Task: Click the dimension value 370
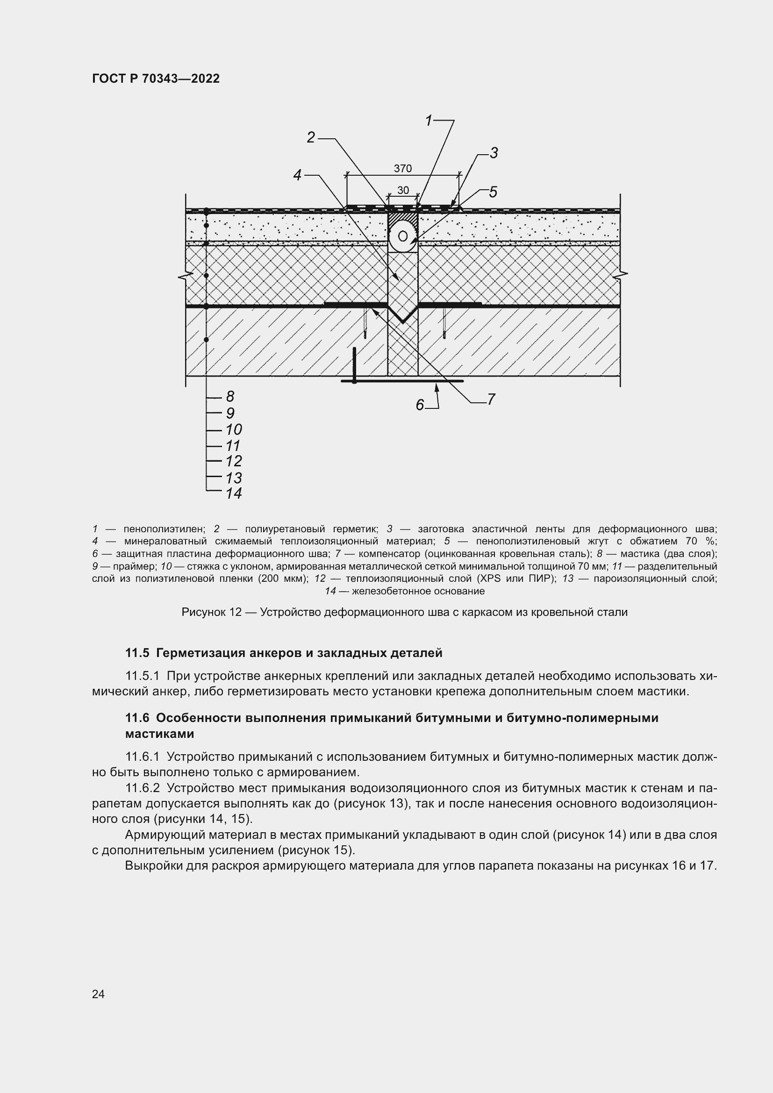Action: pyautogui.click(x=403, y=169)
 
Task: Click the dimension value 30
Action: pyautogui.click(x=403, y=190)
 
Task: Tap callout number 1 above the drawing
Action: pyautogui.click(x=429, y=121)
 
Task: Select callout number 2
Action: pyautogui.click(x=311, y=137)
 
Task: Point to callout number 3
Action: pyautogui.click(x=494, y=153)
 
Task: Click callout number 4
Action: pyautogui.click(x=298, y=176)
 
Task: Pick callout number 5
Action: pyautogui.click(x=493, y=193)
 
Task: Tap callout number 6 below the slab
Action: pyautogui.click(x=419, y=405)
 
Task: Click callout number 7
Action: pyautogui.click(x=491, y=400)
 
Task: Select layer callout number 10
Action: pyautogui.click(x=233, y=430)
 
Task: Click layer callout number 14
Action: pyautogui.click(x=233, y=493)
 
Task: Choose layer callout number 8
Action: pyautogui.click(x=230, y=397)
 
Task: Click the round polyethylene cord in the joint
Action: pyautogui.click(x=403, y=236)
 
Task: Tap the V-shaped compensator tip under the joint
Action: pyautogui.click(x=403, y=321)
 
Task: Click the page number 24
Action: pyautogui.click(x=98, y=994)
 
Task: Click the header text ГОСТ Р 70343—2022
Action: pyautogui.click(x=156, y=79)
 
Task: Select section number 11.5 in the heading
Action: pyautogui.click(x=137, y=653)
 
